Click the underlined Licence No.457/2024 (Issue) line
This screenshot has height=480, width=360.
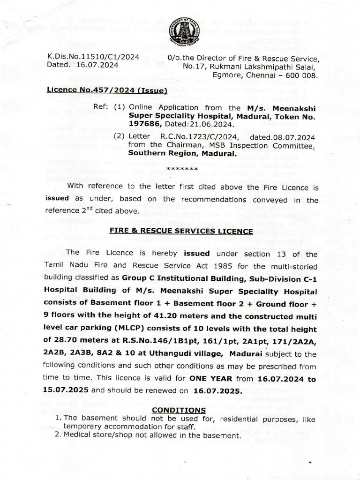tap(107, 90)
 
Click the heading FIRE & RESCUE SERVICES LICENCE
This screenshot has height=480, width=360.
tap(181, 232)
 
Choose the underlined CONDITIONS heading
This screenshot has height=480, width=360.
tap(179, 410)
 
